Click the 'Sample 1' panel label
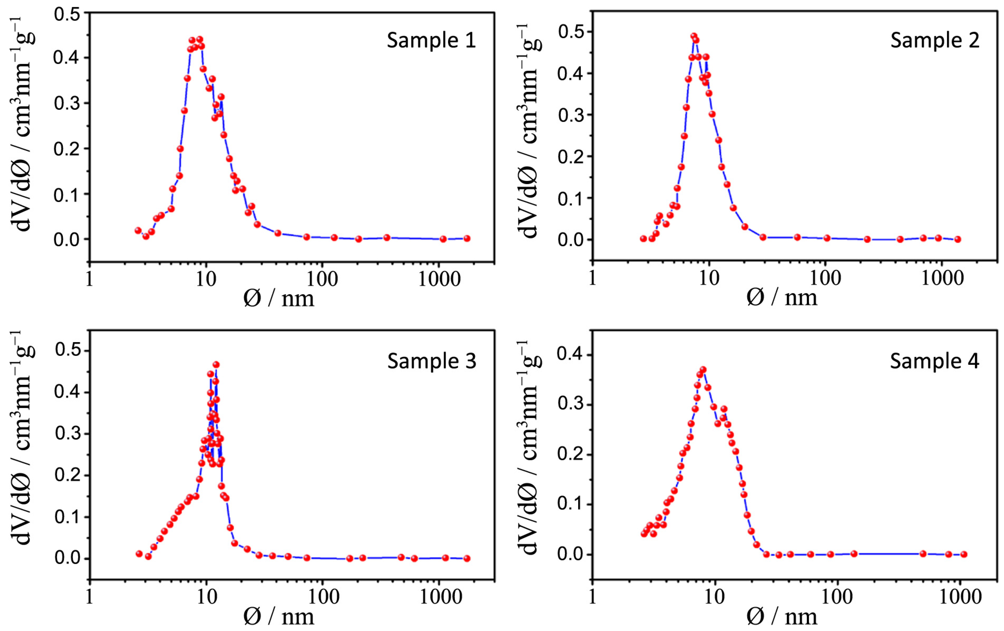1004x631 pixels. [431, 41]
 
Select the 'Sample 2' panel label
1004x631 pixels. [934, 41]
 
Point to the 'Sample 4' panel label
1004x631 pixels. [934, 361]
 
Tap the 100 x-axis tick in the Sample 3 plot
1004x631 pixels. [322, 597]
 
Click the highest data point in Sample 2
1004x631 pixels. [694, 36]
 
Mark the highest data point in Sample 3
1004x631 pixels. [216, 365]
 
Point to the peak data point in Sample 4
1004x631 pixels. [703, 370]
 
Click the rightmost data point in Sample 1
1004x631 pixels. [467, 238]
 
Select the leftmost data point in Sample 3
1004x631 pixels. [139, 554]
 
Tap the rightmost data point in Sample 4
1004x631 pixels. [963, 554]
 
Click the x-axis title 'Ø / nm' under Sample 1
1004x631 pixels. [278, 299]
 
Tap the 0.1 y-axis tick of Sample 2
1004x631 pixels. [570, 199]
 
